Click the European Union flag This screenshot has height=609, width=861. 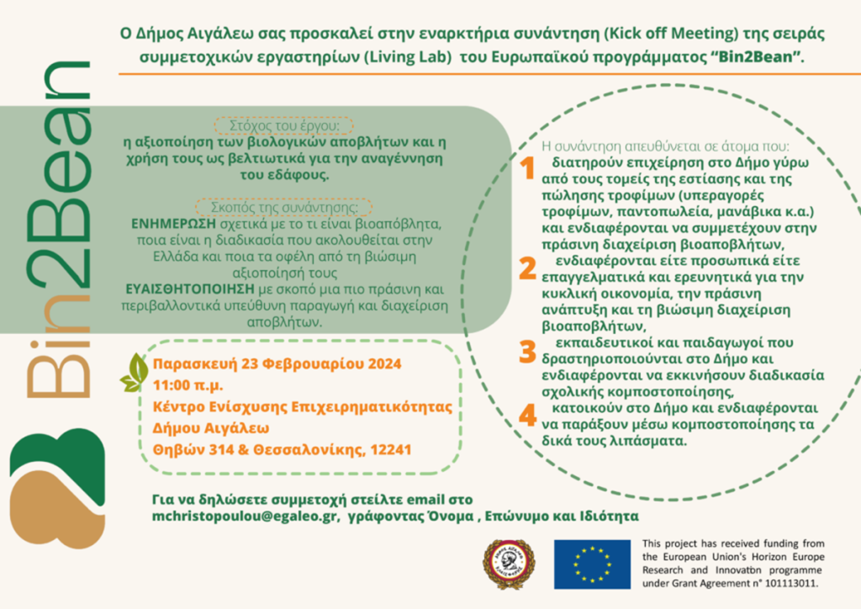pos(592,564)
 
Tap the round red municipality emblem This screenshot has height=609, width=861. pos(508,564)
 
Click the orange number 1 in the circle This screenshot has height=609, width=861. pos(527,168)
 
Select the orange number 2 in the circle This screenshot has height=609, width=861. pos(527,267)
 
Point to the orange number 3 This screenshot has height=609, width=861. pos(527,351)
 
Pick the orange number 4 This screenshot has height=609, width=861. pos(527,415)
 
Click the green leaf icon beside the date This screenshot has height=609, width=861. pos(134,372)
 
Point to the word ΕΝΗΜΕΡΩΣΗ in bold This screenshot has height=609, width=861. pos(175,226)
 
